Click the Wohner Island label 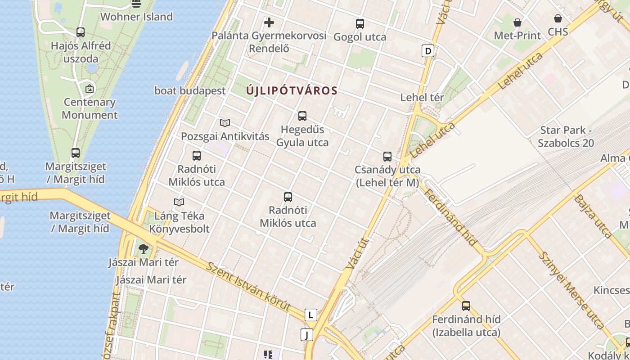pos(136,17)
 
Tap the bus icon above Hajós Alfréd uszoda pos(81,32)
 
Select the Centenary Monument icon pos(90,89)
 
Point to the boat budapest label pos(190,90)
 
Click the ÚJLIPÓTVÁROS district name pos(292,90)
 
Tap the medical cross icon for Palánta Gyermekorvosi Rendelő pos(269,22)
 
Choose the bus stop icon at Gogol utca pos(360,24)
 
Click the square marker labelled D pos(428,51)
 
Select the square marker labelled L pos(311,315)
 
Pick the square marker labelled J pos(307,335)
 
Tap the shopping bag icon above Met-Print pos(517,22)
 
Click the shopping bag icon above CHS pos(558,18)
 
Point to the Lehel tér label pos(422,97)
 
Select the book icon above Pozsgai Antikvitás pos(225,123)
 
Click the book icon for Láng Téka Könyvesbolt pos(179,202)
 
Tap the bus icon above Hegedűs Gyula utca pos(302,116)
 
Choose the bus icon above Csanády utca pos(387,157)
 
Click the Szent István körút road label pos(248,286)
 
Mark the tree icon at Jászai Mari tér pos(144,248)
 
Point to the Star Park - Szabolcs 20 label pos(566,137)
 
